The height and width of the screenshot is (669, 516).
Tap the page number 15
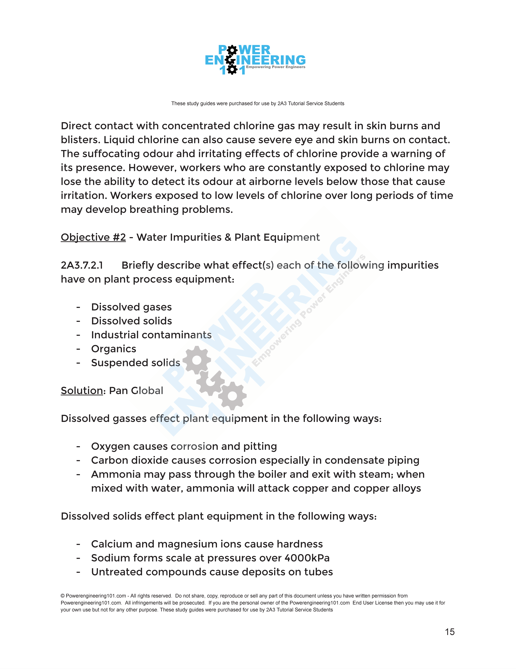pyautogui.click(x=450, y=632)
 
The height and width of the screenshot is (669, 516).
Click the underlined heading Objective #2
pyautogui.click(x=93, y=237)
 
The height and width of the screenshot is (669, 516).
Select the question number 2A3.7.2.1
pyautogui.click(x=82, y=265)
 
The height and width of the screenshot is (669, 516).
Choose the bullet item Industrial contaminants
pyautogui.click(x=151, y=335)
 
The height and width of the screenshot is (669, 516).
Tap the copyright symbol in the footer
pyautogui.click(x=63, y=596)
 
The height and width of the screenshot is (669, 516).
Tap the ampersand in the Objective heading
pyautogui.click(x=228, y=237)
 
